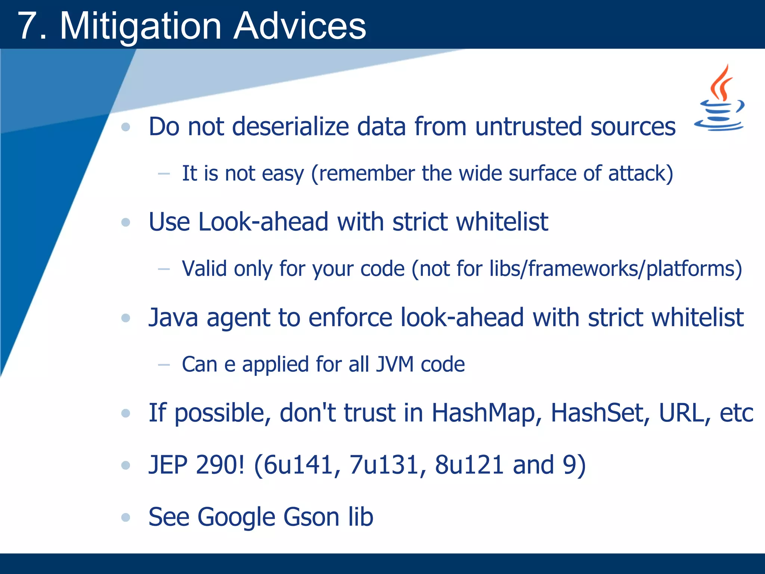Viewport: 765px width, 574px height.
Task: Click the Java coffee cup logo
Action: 719,99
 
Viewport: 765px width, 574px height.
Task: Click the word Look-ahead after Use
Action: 263,222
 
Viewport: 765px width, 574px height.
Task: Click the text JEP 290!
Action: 196,465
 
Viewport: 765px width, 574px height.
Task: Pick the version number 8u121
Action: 469,465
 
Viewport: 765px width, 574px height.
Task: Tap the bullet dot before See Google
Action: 126,518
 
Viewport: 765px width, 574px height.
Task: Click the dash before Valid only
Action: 164,269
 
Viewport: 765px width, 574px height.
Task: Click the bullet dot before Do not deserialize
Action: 126,127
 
